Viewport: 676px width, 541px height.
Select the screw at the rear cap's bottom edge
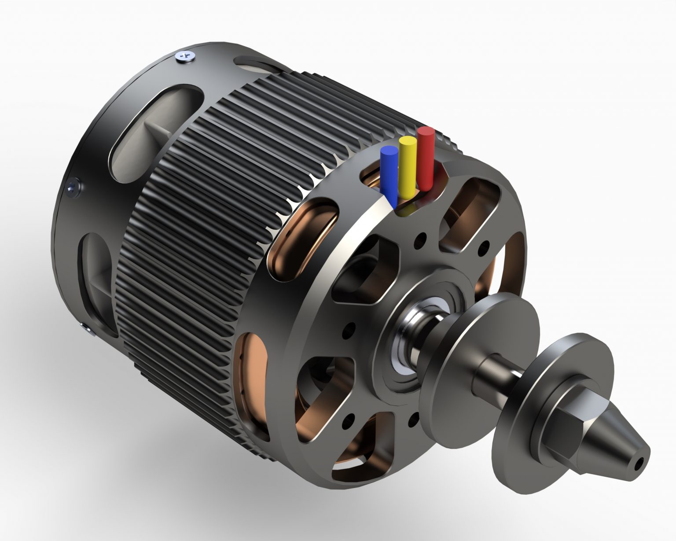click(86, 328)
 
